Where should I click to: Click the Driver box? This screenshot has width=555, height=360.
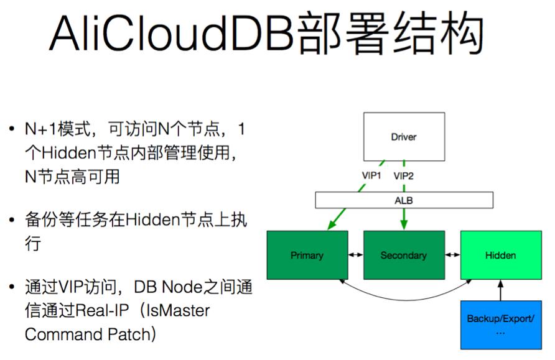(x=404, y=136)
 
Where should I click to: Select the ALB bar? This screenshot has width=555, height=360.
(x=404, y=200)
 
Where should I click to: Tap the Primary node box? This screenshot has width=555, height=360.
(x=307, y=255)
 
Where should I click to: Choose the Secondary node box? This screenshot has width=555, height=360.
(x=403, y=255)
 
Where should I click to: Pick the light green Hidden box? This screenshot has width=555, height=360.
(x=500, y=255)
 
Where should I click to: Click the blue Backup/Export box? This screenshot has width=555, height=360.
(x=500, y=325)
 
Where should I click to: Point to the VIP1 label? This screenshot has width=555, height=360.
(x=371, y=176)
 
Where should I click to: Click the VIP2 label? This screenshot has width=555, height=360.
(x=404, y=176)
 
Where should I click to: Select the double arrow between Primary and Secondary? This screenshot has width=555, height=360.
(x=355, y=255)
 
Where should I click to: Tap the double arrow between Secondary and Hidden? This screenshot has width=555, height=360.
(x=452, y=255)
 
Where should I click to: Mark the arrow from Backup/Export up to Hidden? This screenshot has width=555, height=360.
(x=500, y=290)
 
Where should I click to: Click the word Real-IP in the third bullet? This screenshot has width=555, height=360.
(x=99, y=310)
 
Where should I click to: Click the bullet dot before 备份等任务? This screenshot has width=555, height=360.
(x=12, y=220)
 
